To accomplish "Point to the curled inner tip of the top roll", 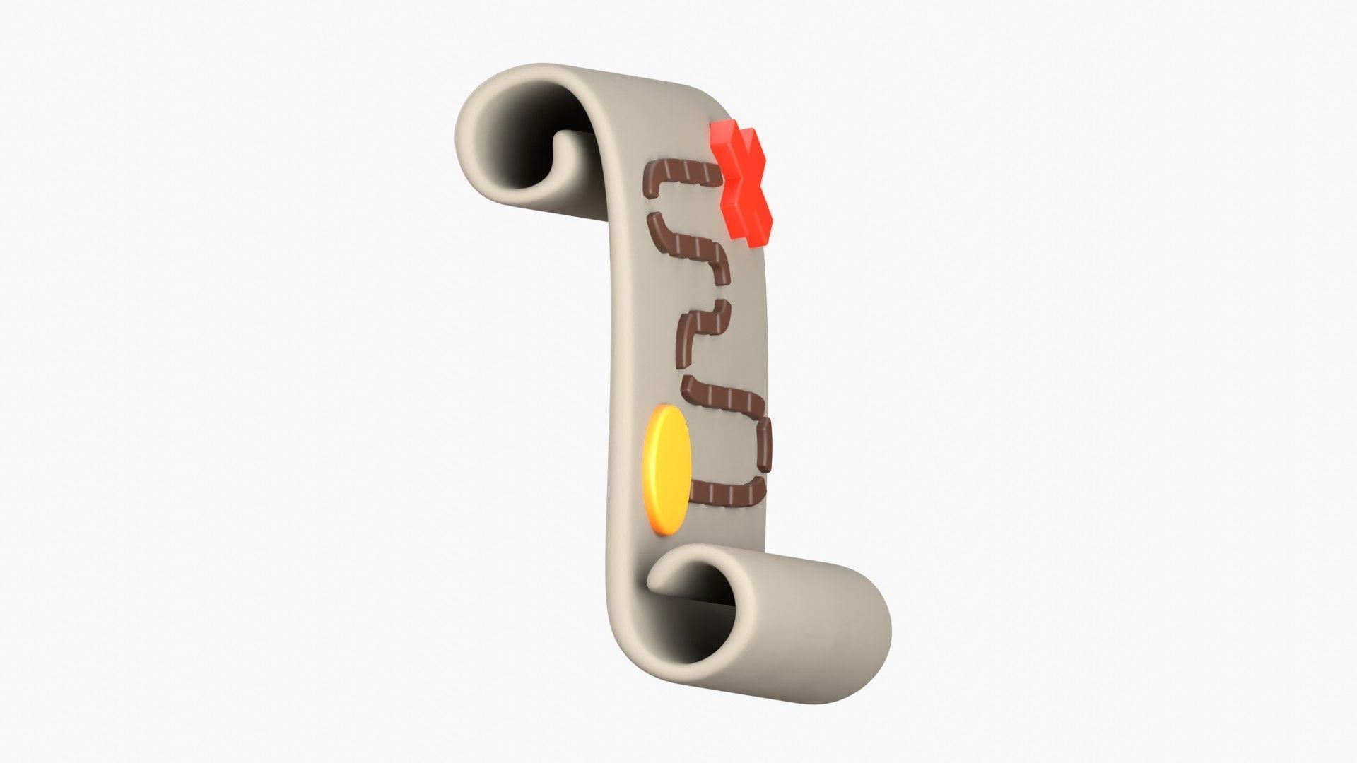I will tap(572, 152).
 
